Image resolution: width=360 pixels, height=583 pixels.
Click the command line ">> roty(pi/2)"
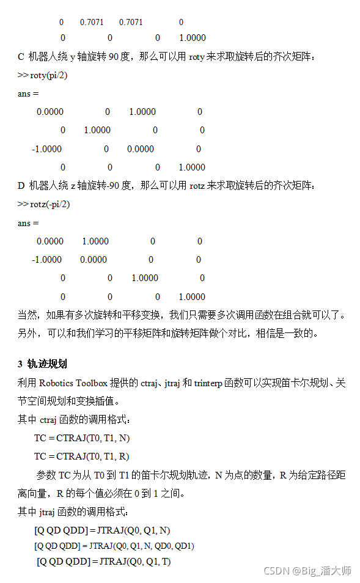coord(43,75)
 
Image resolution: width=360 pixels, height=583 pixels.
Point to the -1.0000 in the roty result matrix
coord(47,148)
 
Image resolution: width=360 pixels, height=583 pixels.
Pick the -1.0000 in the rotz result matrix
coord(47,260)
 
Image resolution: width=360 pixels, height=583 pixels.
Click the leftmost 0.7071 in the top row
coord(92,22)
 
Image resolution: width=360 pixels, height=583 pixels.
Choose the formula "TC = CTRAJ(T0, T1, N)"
coord(82,438)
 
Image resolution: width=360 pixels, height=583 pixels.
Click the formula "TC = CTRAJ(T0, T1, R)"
coord(82,457)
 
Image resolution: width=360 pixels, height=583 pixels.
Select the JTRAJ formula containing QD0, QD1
coord(114,546)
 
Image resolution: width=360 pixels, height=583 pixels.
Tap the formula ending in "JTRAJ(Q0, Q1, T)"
coord(103,561)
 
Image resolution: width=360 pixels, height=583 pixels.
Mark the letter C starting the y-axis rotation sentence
coord(21,57)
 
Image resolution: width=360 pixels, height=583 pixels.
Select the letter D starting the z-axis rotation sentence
coord(21,185)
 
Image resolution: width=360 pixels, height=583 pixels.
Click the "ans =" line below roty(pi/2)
coord(28,94)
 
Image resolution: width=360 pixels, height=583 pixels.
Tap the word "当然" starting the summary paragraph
coord(26,315)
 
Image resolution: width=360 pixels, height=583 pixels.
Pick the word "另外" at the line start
coord(26,334)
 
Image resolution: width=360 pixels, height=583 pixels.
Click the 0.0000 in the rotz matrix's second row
coord(94,260)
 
